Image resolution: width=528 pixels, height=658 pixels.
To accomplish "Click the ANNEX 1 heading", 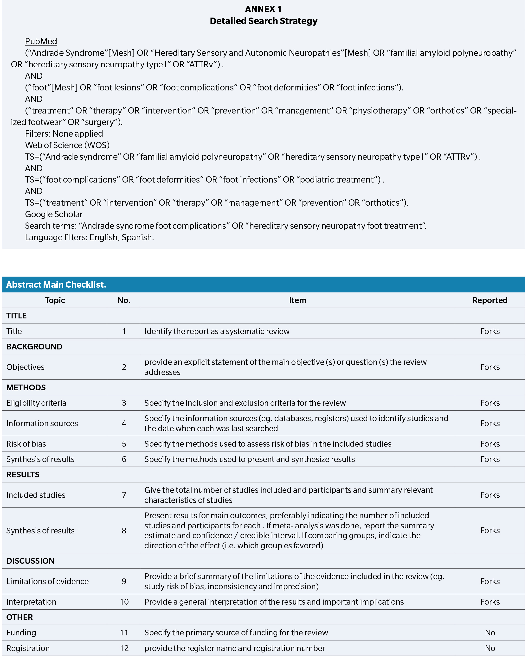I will tap(263, 9).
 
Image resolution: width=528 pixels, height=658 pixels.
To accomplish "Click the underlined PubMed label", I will tap(41, 41).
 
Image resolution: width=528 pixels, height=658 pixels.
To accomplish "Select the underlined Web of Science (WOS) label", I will tap(67, 145).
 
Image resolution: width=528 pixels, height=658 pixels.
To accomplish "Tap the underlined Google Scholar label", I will tap(54, 214).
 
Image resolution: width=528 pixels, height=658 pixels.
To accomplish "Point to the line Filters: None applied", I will tap(64, 134).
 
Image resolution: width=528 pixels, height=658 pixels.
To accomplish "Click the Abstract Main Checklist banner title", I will tap(56, 285).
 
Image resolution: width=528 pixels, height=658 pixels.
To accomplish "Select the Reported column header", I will tap(489, 300).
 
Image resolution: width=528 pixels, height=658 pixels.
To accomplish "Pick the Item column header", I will tap(297, 300).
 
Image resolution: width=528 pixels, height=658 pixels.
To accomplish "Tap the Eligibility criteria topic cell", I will tap(36, 403).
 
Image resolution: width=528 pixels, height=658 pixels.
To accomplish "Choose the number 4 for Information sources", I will tap(124, 423).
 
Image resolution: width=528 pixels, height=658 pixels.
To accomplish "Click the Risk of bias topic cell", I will tap(26, 444).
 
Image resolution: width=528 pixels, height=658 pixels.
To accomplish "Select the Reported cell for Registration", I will tap(490, 648).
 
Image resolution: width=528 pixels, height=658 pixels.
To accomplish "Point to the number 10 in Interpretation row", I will tap(124, 602).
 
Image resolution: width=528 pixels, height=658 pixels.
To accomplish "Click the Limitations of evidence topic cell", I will tap(48, 581).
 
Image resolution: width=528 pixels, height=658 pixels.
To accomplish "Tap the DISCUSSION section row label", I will tap(31, 561).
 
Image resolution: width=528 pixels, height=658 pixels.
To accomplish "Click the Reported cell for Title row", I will tap(490, 331).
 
